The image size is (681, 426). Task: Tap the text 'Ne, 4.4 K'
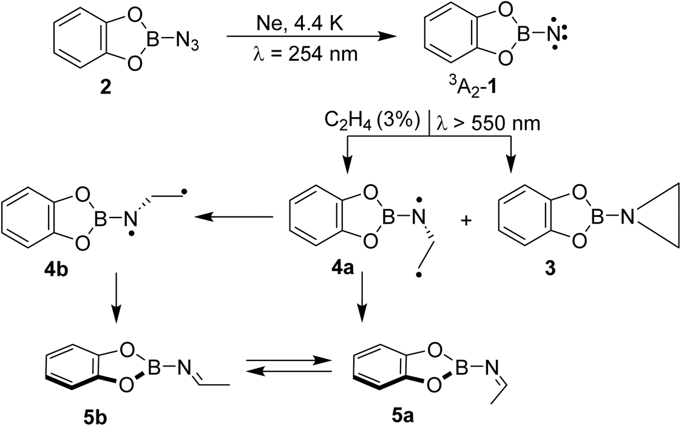coord(300,24)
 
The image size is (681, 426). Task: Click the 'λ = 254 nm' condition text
coord(305,54)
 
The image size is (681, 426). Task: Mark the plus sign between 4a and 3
coord(466,221)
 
